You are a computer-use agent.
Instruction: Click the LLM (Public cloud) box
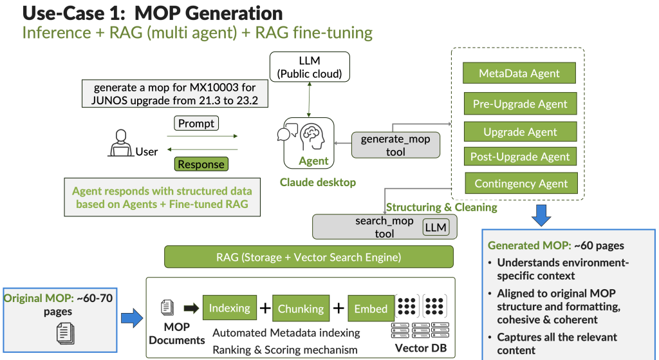pos(310,67)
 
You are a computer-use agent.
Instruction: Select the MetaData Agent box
pos(519,73)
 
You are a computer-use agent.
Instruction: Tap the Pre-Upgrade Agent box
pos(520,104)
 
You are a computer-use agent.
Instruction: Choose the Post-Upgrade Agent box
pos(520,156)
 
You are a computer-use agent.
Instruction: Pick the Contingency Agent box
pos(521,184)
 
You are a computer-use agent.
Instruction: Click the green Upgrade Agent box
pos(520,131)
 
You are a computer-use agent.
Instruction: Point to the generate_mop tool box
pos(395,146)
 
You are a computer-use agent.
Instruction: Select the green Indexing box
pos(229,308)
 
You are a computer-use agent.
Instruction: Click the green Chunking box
pos(301,308)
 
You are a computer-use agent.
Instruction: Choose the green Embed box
pos(371,308)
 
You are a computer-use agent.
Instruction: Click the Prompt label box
pos(196,124)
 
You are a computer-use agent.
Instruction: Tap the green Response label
pos(201,164)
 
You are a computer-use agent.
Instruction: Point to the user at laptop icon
pos(120,142)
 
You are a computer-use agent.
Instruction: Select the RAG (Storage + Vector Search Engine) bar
pos(308,257)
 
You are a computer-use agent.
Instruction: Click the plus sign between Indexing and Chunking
pos(264,308)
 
